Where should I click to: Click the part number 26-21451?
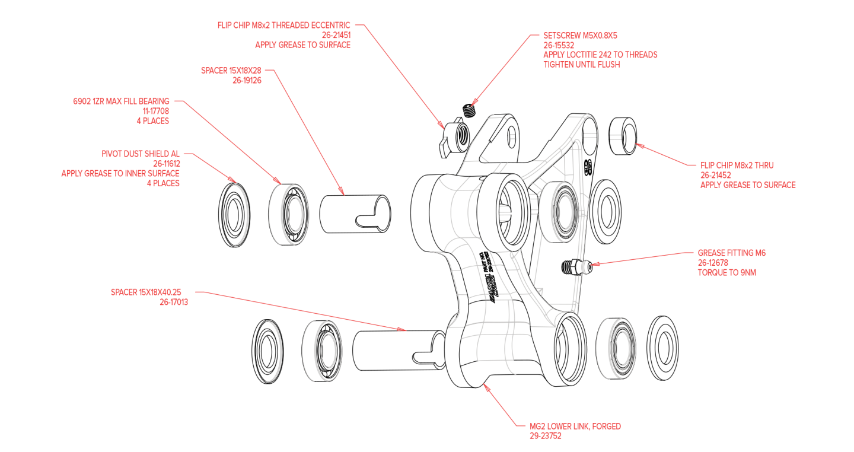point(336,35)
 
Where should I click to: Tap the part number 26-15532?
point(559,45)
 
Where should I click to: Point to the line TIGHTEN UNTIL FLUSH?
point(581,65)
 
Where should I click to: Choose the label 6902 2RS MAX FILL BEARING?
point(121,101)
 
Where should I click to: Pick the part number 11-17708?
point(155,111)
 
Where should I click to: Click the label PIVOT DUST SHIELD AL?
point(141,154)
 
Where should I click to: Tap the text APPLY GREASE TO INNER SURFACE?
point(120,174)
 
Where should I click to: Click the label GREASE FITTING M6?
point(731,253)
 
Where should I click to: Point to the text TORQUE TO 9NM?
point(726,273)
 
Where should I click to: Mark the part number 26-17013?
point(174,302)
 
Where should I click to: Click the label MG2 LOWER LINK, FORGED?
point(575,426)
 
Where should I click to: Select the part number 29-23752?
point(546,436)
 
